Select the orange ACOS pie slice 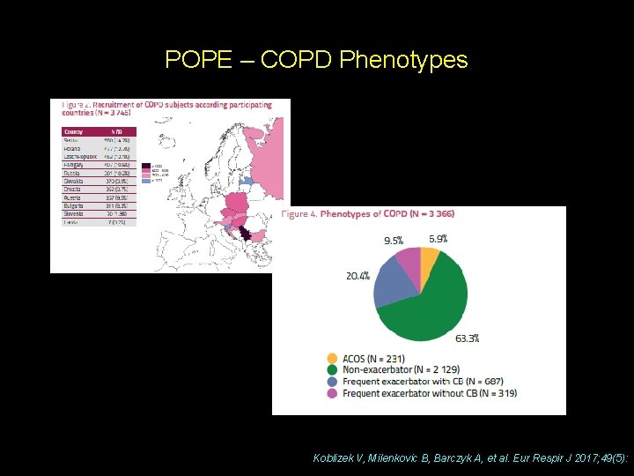pyautogui.click(x=429, y=257)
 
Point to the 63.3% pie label pyautogui.click(x=467, y=338)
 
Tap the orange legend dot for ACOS pyautogui.click(x=332, y=358)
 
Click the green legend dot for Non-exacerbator pyautogui.click(x=332, y=369)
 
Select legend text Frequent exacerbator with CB pyautogui.click(x=410, y=381)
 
